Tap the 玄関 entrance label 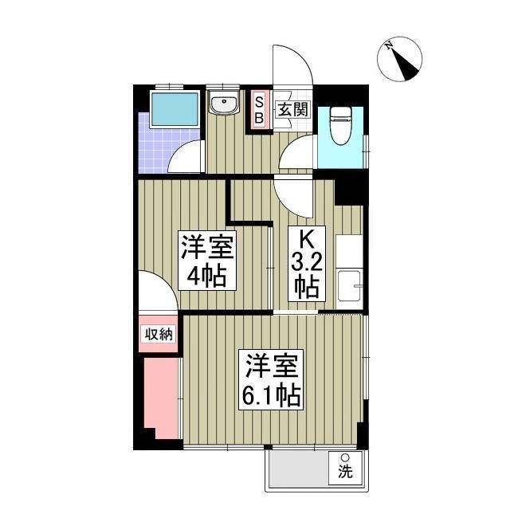pyautogui.click(x=292, y=109)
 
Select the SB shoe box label pyautogui.click(x=258, y=110)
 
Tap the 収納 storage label pyautogui.click(x=158, y=334)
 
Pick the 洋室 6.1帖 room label pyautogui.click(x=271, y=381)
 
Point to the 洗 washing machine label pyautogui.click(x=345, y=466)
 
